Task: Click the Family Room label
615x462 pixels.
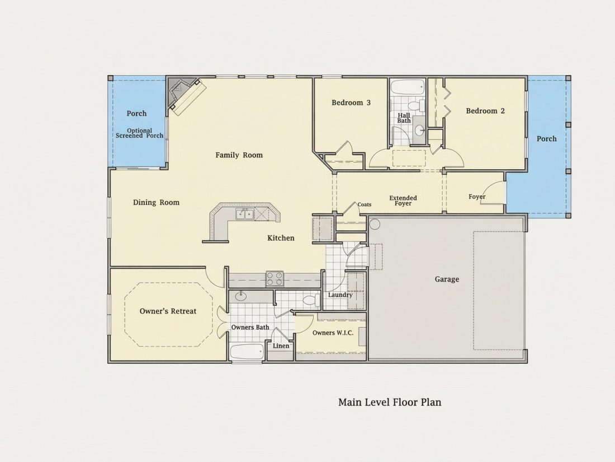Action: coord(239,155)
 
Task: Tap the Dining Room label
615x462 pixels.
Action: coord(156,203)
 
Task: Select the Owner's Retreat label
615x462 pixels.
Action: coord(168,311)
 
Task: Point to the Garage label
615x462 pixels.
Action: coord(447,279)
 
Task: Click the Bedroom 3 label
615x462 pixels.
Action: coord(351,103)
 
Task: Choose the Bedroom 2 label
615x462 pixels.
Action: coord(485,111)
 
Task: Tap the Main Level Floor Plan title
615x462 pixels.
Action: coord(390,402)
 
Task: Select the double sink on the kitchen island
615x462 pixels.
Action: coord(245,214)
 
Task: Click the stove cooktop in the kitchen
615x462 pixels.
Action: coord(275,278)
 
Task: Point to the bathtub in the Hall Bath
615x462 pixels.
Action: coord(408,87)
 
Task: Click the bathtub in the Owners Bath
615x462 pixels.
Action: coord(247,352)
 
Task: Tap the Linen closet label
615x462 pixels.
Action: coord(281,346)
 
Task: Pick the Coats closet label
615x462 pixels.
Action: coord(365,204)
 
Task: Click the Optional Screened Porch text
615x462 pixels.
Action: coord(139,133)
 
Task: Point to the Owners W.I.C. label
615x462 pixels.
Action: coord(333,333)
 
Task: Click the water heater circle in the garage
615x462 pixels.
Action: coord(375,225)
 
